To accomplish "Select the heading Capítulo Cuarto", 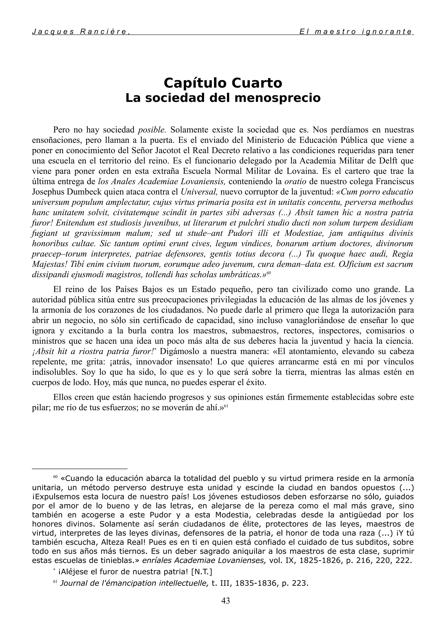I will point(223,83).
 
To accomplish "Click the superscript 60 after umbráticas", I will point(269,273).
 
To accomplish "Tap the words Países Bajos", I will point(134,289).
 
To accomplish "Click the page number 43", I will point(225,601).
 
